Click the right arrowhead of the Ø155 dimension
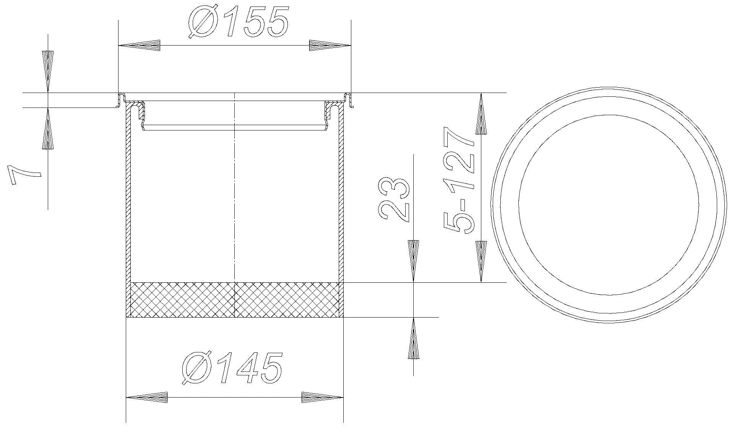[330, 46]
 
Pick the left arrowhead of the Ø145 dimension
[147, 398]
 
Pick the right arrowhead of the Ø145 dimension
[322, 398]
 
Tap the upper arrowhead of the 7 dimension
[48, 71]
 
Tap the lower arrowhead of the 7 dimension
[48, 129]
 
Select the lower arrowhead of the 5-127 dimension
[481, 261]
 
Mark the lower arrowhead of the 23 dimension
[413, 338]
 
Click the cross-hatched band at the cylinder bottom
[235, 300]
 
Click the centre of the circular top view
[609, 205]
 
